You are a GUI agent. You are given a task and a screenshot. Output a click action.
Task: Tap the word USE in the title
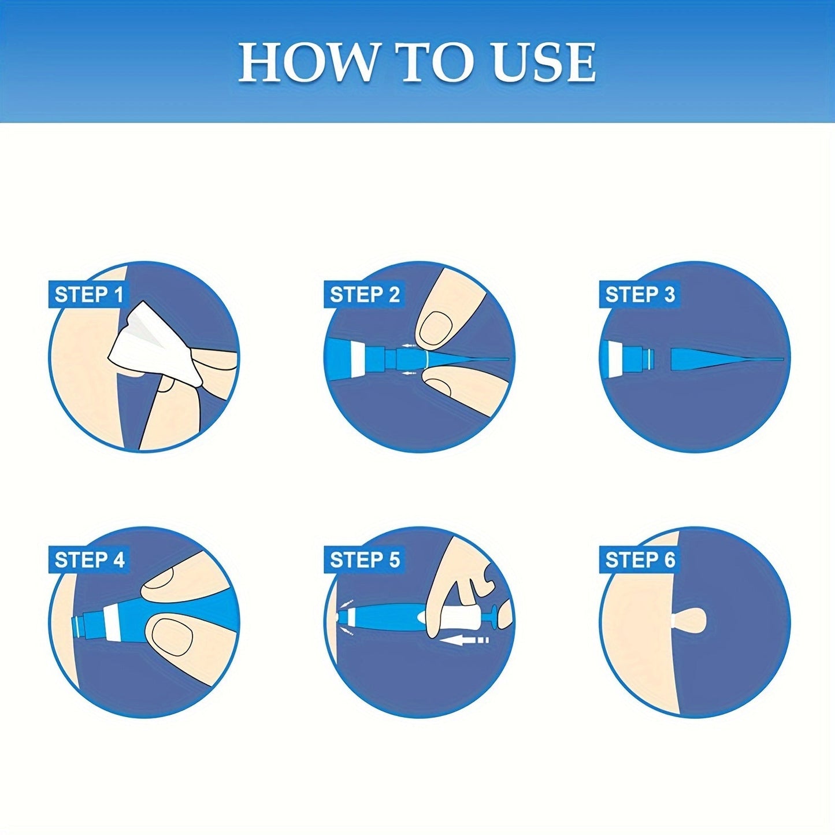544,62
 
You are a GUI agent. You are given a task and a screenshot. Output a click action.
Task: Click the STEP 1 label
88,295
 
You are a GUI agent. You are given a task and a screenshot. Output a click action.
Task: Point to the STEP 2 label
364,295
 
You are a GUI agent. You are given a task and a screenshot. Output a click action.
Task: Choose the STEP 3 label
640,295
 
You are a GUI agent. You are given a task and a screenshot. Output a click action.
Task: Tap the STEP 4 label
88,560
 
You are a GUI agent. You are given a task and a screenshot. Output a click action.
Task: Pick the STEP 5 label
364,560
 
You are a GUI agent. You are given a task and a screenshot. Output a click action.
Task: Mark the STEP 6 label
640,560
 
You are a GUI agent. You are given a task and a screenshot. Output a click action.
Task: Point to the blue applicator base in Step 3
633,355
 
